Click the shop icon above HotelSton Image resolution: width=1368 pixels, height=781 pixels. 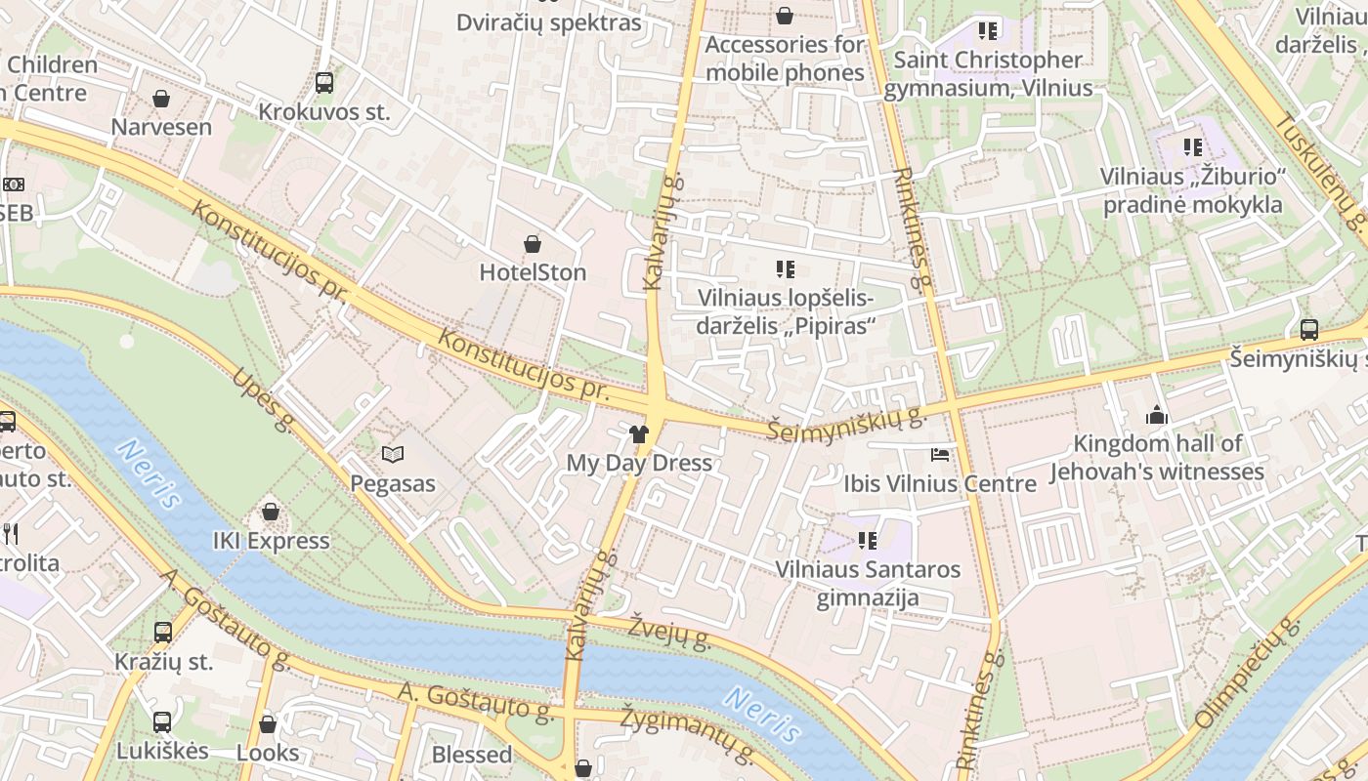pos(533,243)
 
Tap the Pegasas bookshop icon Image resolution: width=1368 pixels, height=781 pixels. pos(393,454)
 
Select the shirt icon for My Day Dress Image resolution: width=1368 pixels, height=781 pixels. pos(639,433)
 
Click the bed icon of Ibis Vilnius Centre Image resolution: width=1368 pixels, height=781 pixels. pos(939,455)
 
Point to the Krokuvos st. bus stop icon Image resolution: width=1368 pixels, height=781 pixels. pos(324,83)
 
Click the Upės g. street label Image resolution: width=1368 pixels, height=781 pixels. pos(263,399)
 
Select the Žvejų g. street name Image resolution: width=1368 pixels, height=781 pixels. pos(669,632)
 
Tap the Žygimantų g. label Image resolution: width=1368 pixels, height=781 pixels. pos(688,733)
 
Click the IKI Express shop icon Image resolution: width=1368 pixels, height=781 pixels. pos(271,512)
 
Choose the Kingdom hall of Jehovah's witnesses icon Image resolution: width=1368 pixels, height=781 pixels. pos(1157,415)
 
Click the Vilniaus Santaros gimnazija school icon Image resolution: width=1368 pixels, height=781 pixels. pos(868,540)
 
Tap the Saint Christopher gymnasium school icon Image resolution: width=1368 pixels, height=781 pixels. pos(989,30)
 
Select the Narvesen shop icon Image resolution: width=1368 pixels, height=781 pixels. pos(161,99)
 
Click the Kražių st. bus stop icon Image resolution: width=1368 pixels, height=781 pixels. pos(163,633)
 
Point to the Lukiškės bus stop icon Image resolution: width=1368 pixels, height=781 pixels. pos(162,722)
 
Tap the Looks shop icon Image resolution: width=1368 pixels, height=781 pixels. pos(268,724)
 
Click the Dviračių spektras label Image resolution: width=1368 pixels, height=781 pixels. pos(549,22)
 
